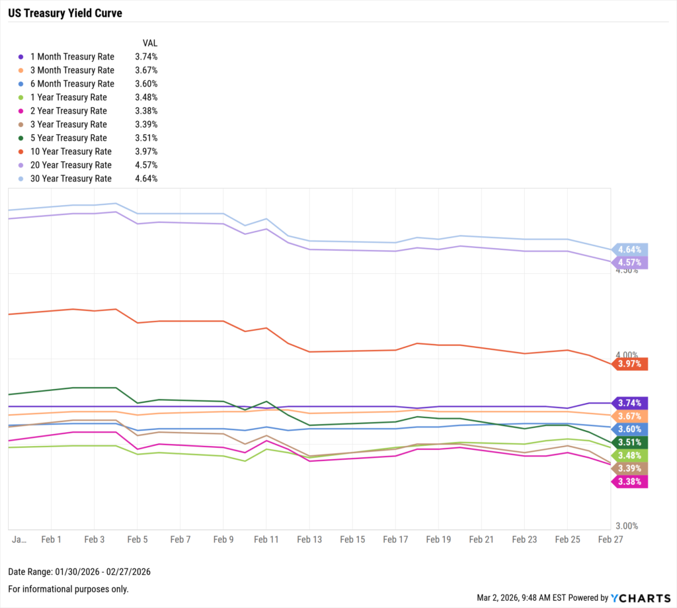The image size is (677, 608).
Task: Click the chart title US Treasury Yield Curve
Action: [x=65, y=13]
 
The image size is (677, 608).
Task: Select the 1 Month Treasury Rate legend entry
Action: [x=72, y=57]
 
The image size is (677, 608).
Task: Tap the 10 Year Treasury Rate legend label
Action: [x=71, y=152]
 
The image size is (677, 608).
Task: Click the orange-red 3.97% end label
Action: [x=629, y=364]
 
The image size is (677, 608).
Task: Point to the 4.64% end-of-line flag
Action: [x=629, y=249]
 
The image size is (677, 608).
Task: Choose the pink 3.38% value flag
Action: [x=629, y=482]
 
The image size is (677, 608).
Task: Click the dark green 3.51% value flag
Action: [x=629, y=442]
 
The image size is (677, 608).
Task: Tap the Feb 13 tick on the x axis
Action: [x=309, y=539]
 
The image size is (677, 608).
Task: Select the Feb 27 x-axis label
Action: [x=611, y=539]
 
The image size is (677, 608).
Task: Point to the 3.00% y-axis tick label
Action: [x=627, y=526]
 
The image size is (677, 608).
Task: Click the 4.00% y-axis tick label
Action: [x=627, y=355]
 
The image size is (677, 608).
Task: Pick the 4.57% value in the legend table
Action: [x=145, y=165]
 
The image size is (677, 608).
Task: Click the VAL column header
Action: [x=150, y=43]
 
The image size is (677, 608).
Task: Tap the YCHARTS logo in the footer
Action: [x=638, y=597]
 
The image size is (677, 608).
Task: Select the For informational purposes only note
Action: [x=68, y=589]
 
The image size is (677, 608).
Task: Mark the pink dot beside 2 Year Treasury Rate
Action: [x=21, y=111]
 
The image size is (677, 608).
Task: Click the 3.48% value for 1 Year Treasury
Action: [x=145, y=97]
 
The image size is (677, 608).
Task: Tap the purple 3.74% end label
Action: [x=629, y=403]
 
